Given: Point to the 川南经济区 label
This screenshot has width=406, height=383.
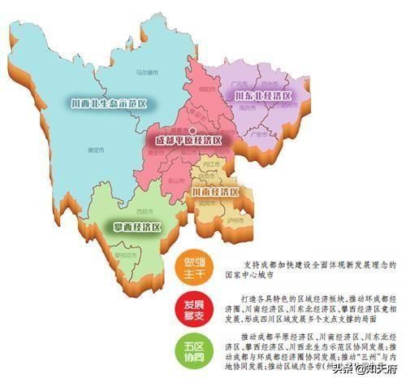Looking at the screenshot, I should pyautogui.click(x=215, y=192).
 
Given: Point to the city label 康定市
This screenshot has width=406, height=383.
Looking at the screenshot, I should pyautogui.click(x=97, y=150).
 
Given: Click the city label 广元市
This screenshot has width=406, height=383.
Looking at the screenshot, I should pyautogui.click(x=240, y=83).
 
